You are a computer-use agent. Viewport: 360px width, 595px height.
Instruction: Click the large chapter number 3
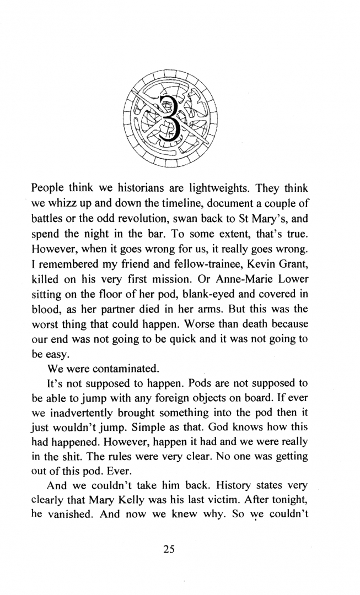pyautogui.click(x=169, y=117)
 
